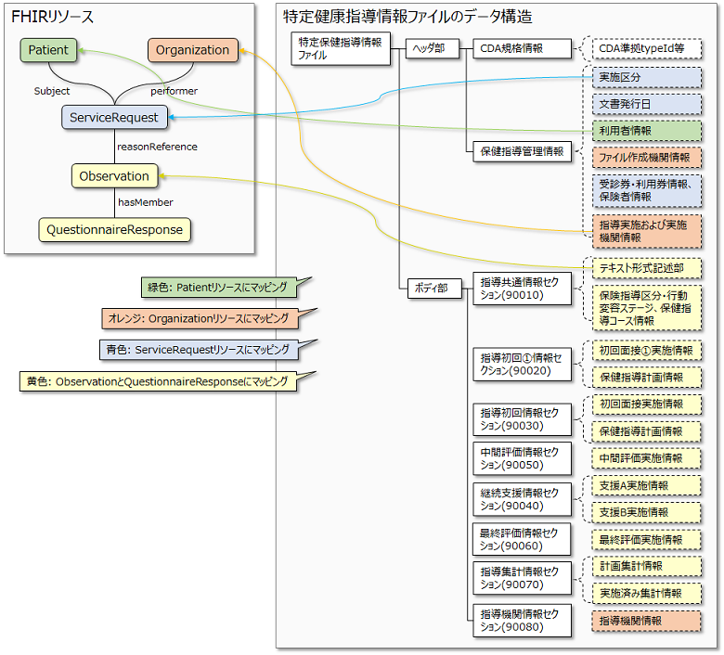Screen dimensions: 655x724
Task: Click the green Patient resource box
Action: click(48, 50)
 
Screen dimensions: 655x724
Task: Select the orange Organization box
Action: click(192, 50)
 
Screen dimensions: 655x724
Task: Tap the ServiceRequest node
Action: click(115, 116)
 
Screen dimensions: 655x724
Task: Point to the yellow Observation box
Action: click(114, 175)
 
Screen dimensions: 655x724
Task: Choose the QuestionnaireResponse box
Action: click(115, 228)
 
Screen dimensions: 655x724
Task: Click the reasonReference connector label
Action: click(156, 147)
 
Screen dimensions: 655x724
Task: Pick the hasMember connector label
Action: click(145, 202)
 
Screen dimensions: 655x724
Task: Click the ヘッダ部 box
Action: click(432, 48)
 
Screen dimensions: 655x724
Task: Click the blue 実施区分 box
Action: click(647, 76)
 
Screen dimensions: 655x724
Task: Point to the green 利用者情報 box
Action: click(647, 131)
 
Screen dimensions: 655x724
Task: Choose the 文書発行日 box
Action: click(647, 104)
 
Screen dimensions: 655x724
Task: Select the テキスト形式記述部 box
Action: click(647, 267)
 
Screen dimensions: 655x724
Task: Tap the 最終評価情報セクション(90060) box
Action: click(520, 539)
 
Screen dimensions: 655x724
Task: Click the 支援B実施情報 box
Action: click(647, 512)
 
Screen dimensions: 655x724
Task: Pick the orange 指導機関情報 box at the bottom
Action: click(647, 620)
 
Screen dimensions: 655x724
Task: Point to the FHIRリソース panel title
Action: click(52, 17)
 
